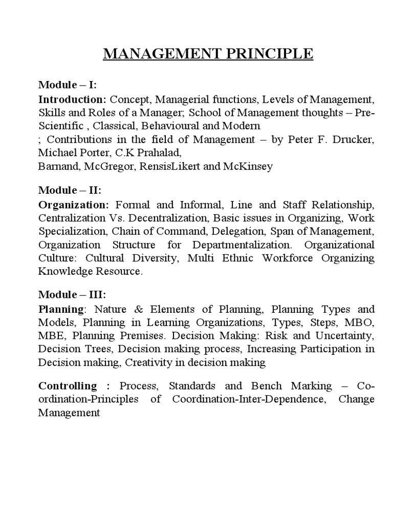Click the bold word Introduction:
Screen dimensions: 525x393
[72, 98]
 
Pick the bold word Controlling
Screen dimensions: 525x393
[68, 386]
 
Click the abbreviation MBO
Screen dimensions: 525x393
[359, 323]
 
